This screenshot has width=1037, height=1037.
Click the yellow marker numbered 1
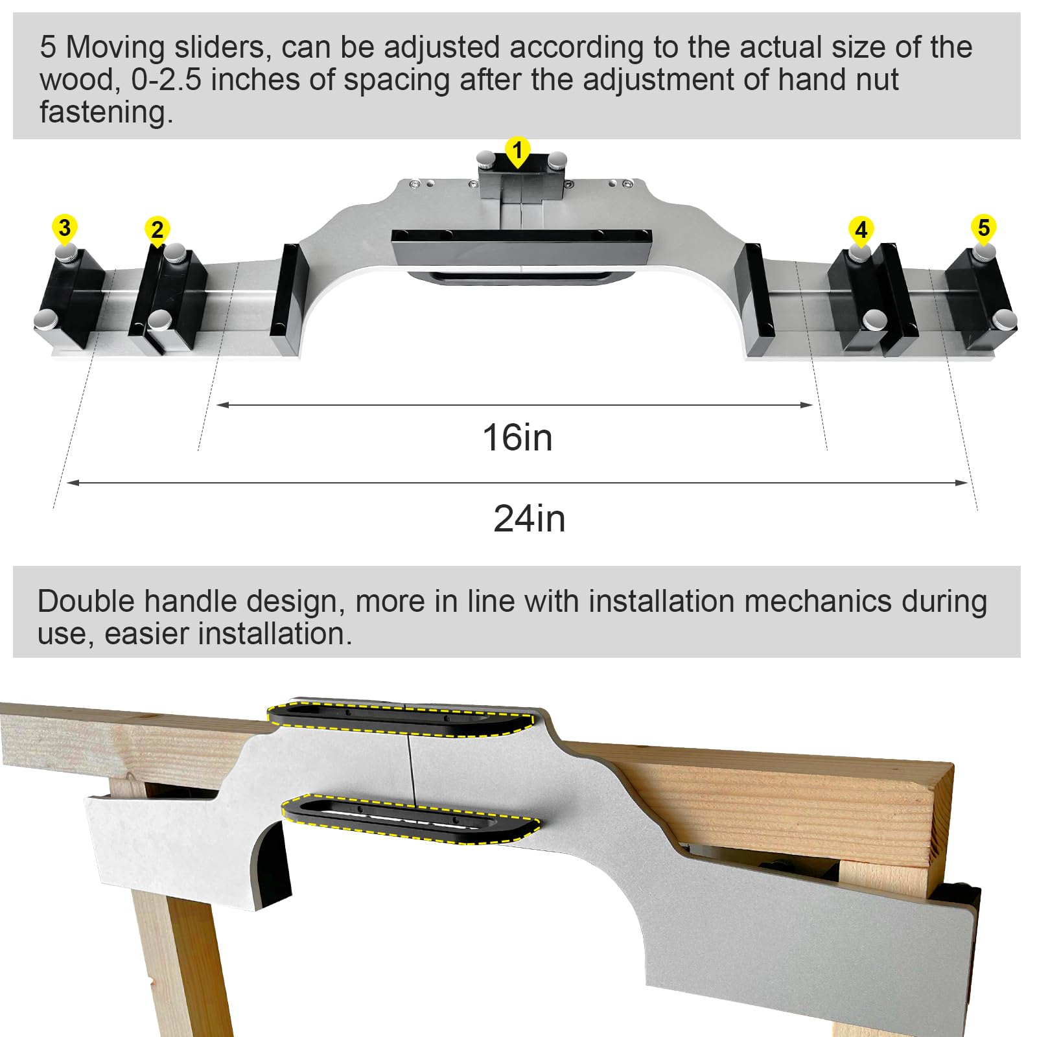517,151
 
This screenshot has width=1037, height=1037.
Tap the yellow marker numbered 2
157,230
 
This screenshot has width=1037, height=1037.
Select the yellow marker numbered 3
64,228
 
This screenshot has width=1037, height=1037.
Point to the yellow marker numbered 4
861,230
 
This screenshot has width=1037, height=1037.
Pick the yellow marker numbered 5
983,228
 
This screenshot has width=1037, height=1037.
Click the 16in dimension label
517,437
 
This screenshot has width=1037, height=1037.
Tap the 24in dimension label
529,518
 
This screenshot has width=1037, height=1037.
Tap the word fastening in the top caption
106,112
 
